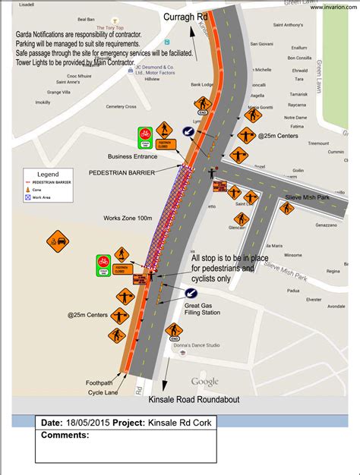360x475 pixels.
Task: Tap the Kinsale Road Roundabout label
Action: pyautogui.click(x=195, y=400)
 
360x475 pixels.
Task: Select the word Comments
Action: pyautogui.click(x=65, y=435)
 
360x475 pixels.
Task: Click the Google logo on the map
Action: pyautogui.click(x=204, y=381)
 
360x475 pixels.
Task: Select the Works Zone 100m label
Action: pyautogui.click(x=128, y=218)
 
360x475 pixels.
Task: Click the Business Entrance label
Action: pyautogui.click(x=132, y=157)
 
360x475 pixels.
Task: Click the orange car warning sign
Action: pyautogui.click(x=57, y=243)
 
